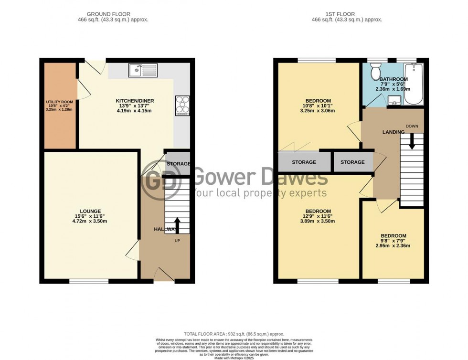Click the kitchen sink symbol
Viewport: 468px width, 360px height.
point(143,71)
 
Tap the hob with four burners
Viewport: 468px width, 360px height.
point(182,106)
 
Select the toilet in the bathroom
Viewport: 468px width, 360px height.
point(375,72)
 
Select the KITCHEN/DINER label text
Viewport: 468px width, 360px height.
point(135,101)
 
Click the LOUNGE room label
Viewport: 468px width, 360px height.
point(90,211)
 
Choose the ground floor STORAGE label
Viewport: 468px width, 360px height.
point(178,164)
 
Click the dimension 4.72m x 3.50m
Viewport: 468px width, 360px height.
point(90,221)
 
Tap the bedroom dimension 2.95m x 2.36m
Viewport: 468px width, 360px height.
point(393,246)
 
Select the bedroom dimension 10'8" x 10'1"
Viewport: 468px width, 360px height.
point(318,106)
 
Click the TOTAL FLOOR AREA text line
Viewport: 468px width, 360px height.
point(234,334)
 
